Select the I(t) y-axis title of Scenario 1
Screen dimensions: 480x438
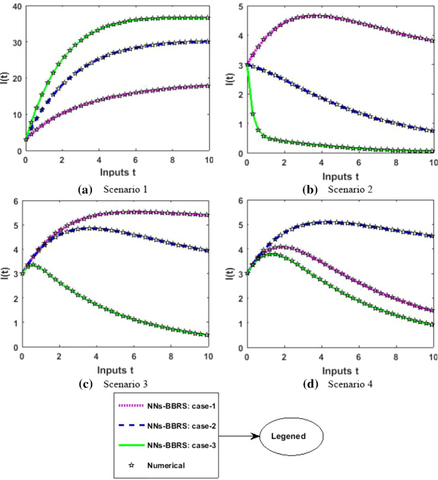pos(6,79)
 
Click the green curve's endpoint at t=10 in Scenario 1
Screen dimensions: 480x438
pos(209,18)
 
